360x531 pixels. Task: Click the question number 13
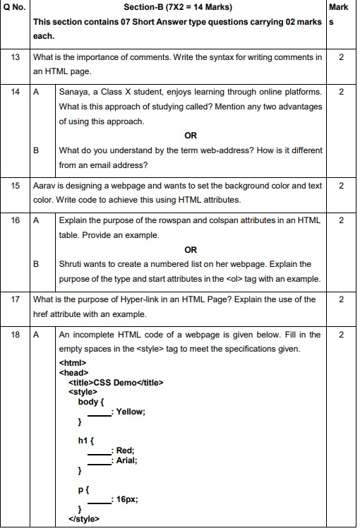(x=16, y=56)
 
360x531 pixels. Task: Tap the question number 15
(x=16, y=186)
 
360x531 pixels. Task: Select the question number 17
(x=16, y=299)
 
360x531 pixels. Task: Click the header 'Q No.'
(x=15, y=8)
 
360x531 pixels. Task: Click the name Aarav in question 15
(x=44, y=186)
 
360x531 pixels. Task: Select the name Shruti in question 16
(x=73, y=264)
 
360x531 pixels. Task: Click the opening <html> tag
(x=73, y=363)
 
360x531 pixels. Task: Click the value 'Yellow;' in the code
(x=131, y=412)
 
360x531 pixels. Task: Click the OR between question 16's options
(x=190, y=249)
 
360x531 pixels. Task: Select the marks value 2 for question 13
(x=341, y=56)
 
